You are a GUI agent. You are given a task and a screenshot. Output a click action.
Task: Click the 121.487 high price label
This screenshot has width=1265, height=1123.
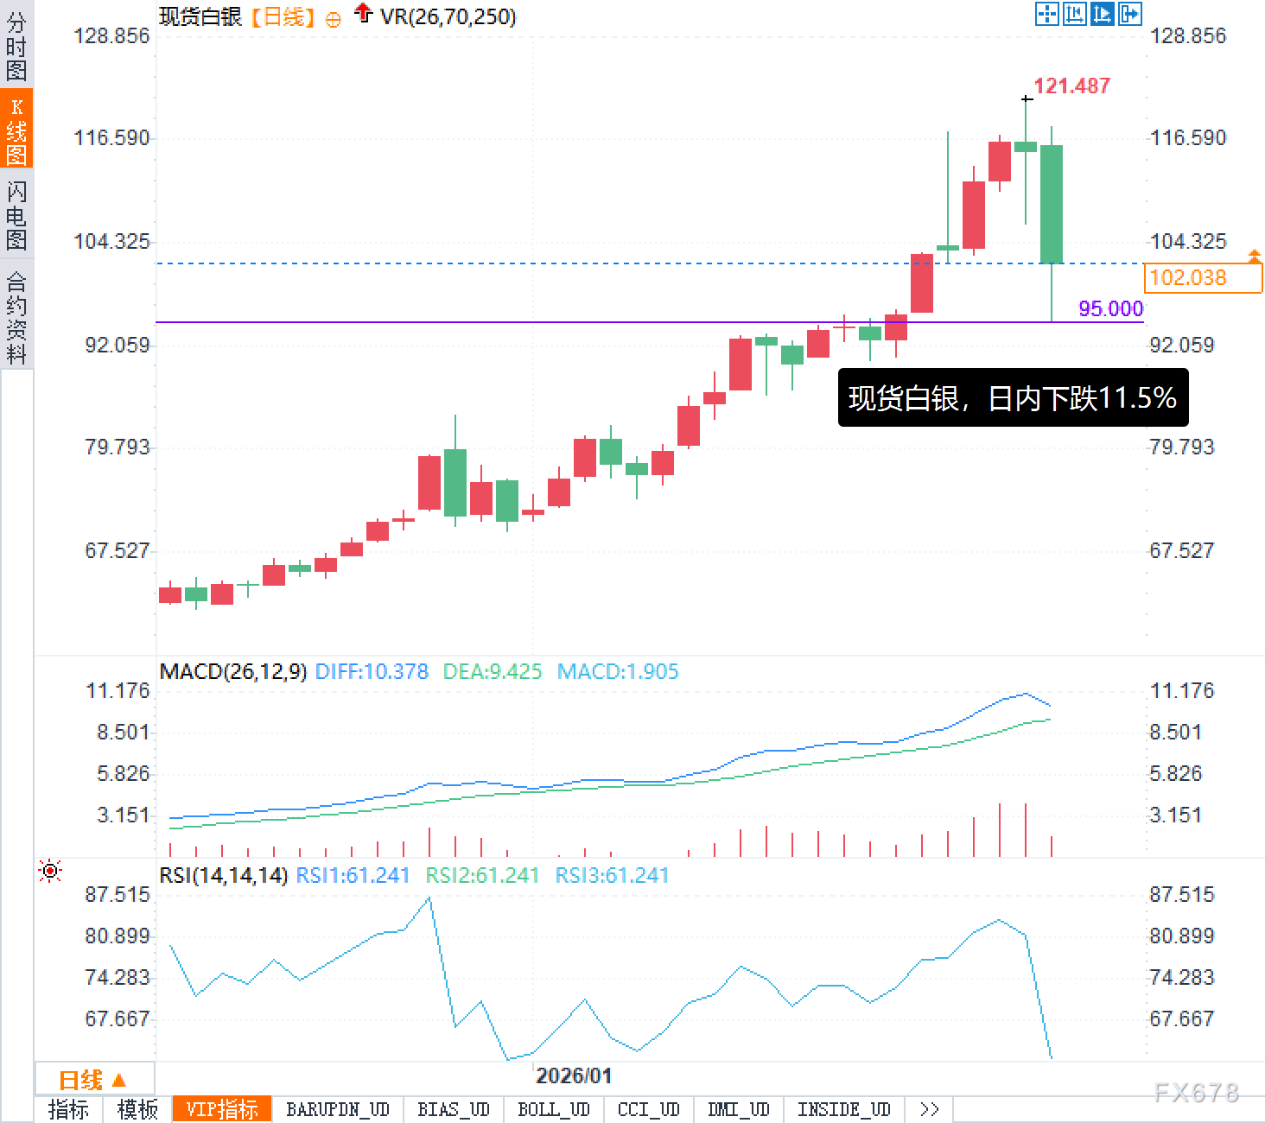pos(1071,86)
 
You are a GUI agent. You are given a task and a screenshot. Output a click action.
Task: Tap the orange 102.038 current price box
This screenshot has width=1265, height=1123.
pos(1202,277)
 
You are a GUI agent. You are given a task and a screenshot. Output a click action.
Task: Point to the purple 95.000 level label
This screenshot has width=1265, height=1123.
pos(1110,308)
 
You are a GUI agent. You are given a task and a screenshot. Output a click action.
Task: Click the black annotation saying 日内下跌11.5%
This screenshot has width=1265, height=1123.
pos(1013,398)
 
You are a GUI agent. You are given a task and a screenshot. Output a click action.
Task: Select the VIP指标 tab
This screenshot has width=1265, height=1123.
pos(222,1109)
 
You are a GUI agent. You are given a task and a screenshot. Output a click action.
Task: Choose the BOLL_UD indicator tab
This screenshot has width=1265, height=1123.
pos(553,1109)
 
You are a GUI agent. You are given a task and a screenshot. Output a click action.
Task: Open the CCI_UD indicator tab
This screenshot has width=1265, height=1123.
pos(648,1109)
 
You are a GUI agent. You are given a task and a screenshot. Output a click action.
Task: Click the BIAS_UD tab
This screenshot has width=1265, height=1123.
pos(453,1109)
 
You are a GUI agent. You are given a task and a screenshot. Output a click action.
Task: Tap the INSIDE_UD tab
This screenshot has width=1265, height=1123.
pos(843,1109)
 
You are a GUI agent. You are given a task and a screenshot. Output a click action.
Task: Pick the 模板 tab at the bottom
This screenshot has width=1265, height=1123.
pos(137,1109)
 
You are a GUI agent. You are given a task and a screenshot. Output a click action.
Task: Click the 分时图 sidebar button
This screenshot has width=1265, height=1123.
pos(16,45)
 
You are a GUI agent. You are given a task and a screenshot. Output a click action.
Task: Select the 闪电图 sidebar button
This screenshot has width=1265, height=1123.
pos(16,215)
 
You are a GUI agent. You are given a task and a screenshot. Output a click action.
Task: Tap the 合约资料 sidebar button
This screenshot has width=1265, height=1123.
pos(16,317)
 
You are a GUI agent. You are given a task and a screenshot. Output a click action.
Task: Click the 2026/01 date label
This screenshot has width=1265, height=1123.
pos(574,1075)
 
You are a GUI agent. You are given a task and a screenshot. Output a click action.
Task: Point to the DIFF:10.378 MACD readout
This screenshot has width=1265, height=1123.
pos(372,671)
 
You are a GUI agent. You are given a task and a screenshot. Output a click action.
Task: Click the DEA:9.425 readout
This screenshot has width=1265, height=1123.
pos(492,671)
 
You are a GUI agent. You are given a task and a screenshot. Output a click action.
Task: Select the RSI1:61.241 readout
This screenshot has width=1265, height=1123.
pos(353,875)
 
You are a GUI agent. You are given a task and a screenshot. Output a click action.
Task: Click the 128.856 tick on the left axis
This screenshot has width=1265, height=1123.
pos(111,35)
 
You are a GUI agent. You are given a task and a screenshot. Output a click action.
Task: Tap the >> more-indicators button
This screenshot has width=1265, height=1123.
pos(929,1109)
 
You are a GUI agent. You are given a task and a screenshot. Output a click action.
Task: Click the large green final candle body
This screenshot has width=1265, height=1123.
pos(1052,204)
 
